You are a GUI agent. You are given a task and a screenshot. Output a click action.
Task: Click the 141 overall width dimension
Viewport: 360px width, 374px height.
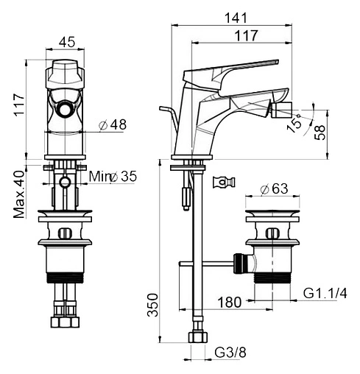tap(236, 18)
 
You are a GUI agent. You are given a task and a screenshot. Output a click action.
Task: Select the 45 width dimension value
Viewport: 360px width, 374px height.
tap(67, 42)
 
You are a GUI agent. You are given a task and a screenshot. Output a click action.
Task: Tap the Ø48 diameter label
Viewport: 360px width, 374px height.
tap(113, 124)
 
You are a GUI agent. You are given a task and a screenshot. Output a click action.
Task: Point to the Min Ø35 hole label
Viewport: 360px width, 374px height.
tap(113, 177)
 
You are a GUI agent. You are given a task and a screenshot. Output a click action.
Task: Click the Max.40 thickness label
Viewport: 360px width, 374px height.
tap(19, 194)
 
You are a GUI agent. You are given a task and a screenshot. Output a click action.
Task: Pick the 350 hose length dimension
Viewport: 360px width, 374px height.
tap(152, 305)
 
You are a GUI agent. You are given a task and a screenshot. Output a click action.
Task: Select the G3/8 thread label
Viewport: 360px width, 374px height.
tap(230, 353)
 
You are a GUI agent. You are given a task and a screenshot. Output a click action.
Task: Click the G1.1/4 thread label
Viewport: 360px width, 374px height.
tap(325, 293)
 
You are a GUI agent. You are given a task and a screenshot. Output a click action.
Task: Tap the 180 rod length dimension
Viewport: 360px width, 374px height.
tap(230, 303)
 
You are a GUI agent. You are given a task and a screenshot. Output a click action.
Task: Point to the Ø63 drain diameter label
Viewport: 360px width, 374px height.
tap(274, 189)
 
